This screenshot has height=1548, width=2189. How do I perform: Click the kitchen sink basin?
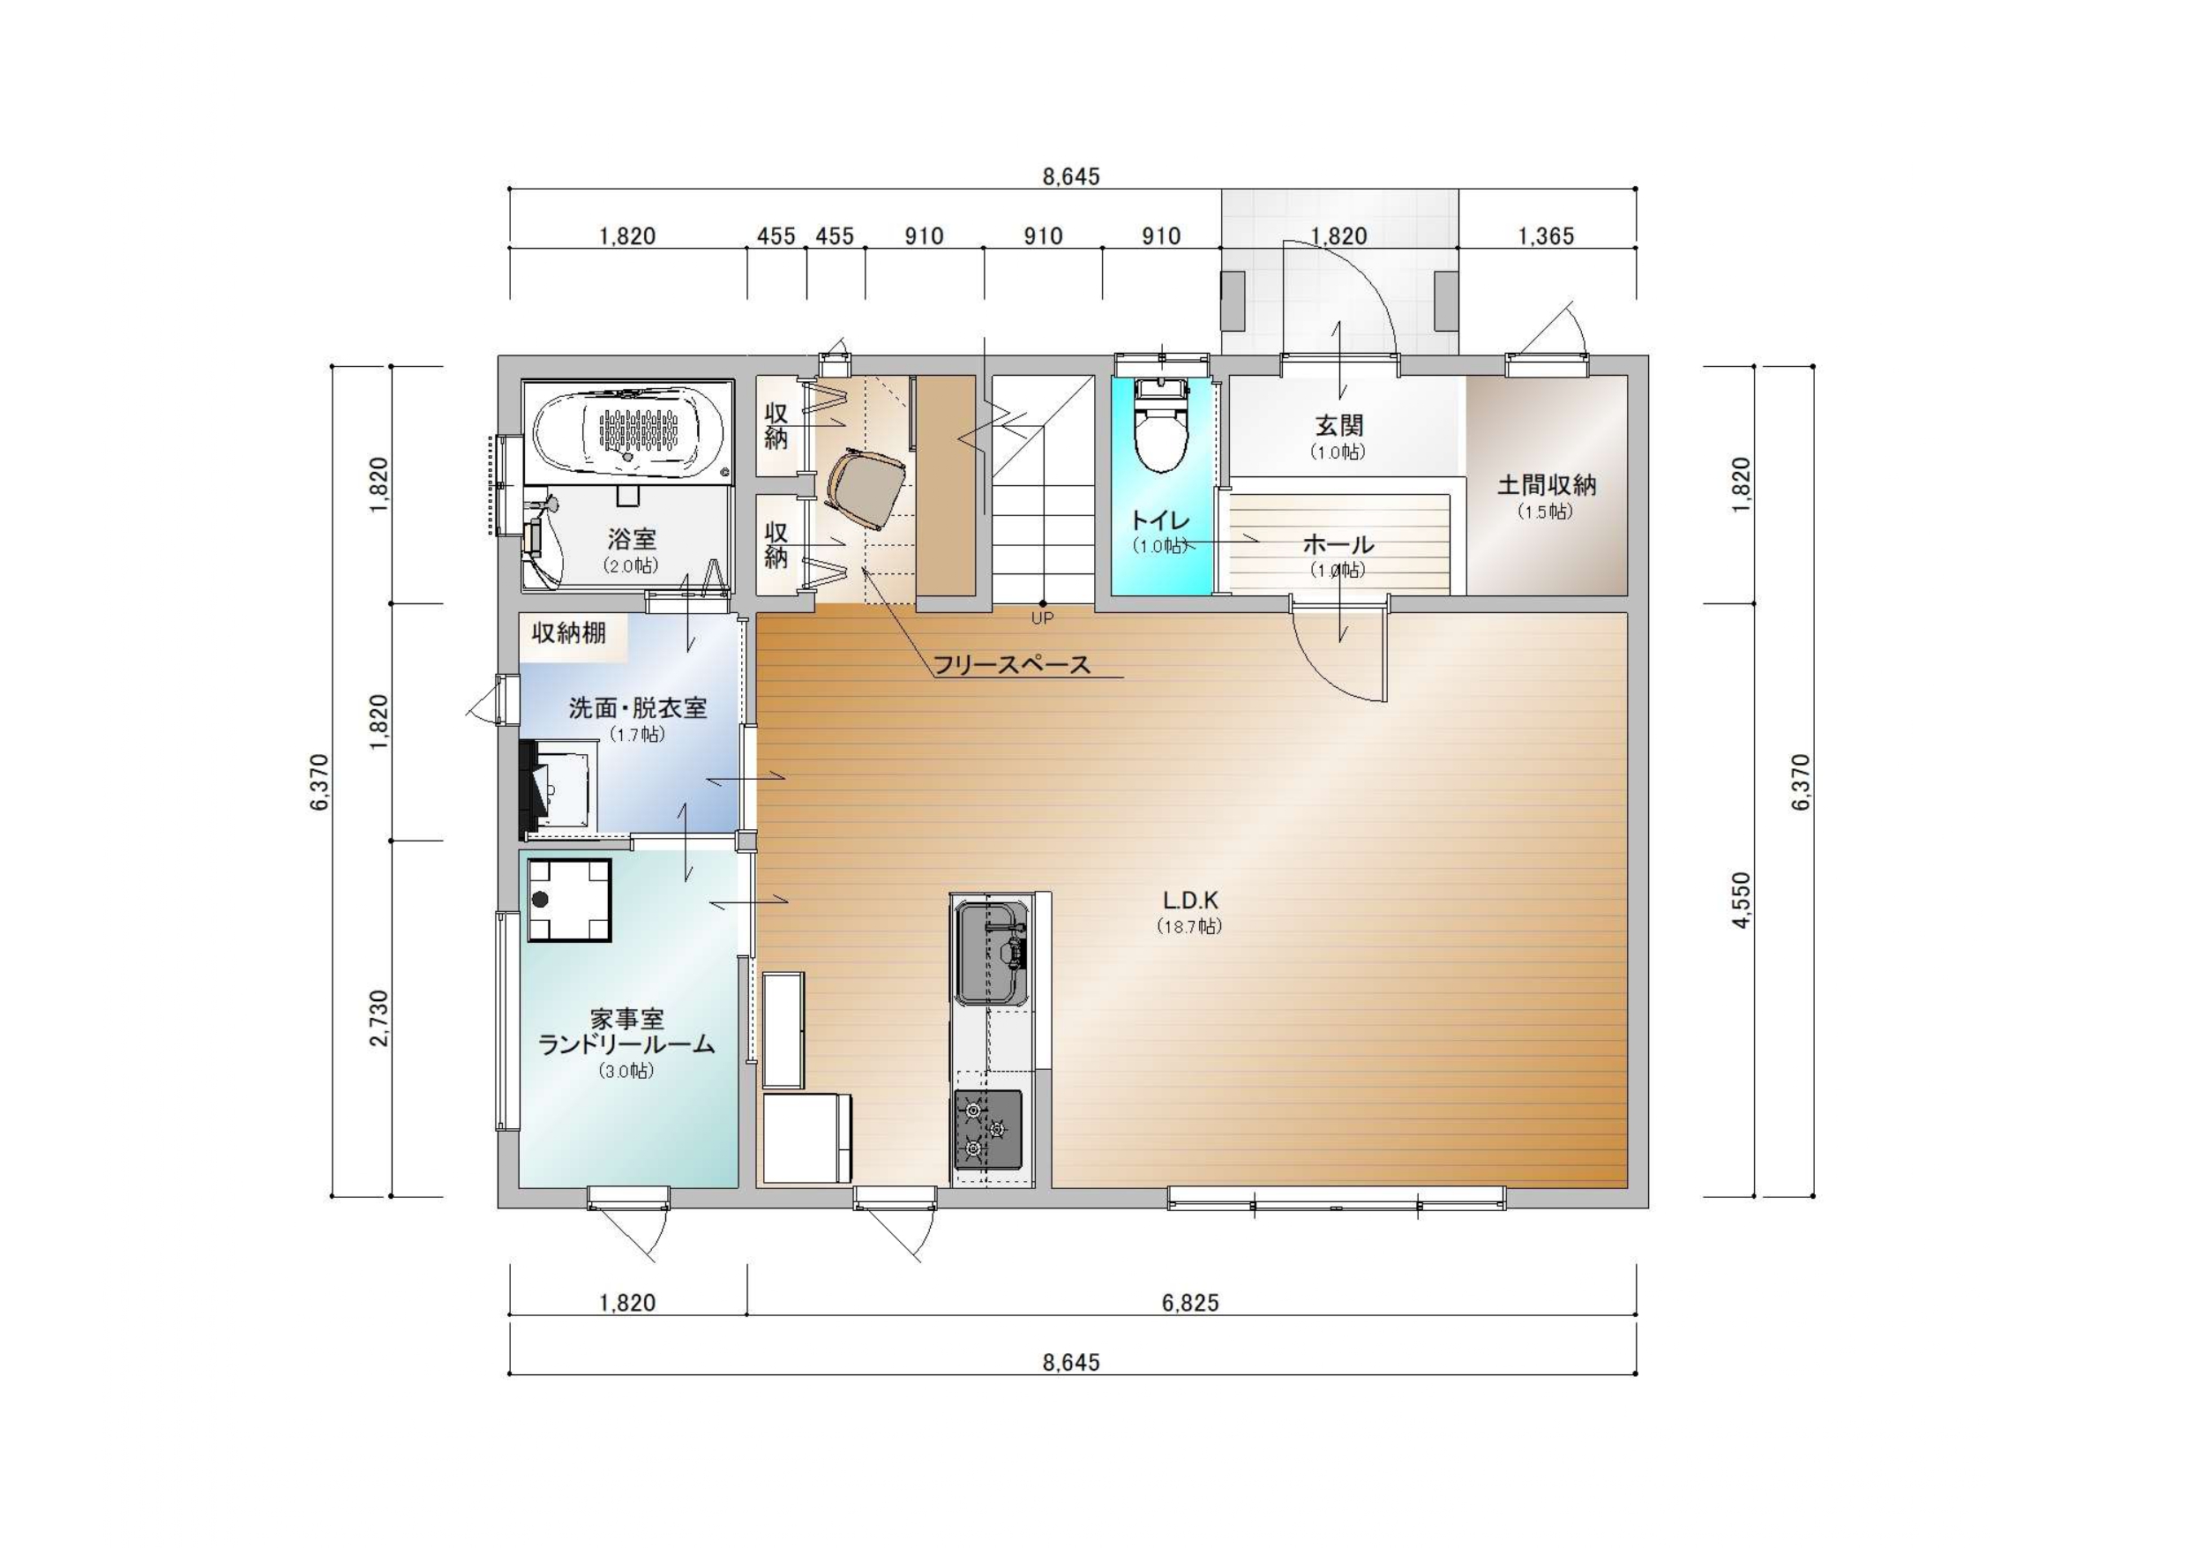pyautogui.click(x=992, y=953)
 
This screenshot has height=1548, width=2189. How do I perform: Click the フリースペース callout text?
pyautogui.click(x=1011, y=664)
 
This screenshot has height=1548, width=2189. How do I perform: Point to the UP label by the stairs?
pyautogui.click(x=1042, y=617)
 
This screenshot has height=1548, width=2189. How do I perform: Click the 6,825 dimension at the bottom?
pyautogui.click(x=1190, y=1302)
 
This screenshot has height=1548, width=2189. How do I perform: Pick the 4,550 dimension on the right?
pyautogui.click(x=1742, y=900)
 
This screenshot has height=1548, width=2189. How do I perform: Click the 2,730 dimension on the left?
pyautogui.click(x=379, y=1019)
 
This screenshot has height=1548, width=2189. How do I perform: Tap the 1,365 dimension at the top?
pyautogui.click(x=1546, y=236)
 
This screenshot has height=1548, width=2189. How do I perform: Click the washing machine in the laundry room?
pyautogui.click(x=570, y=900)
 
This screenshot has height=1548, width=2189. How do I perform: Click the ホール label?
pyautogui.click(x=1338, y=544)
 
